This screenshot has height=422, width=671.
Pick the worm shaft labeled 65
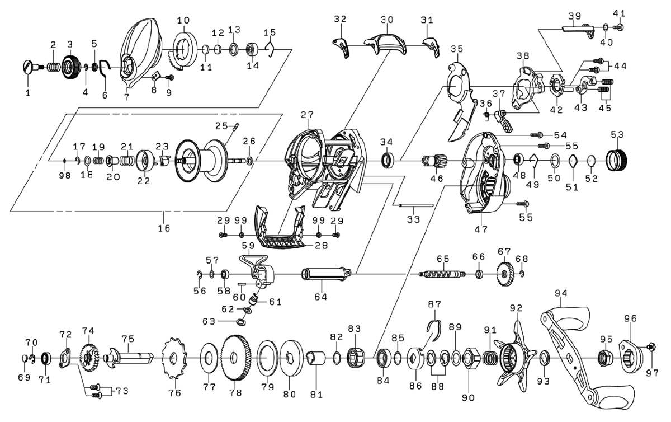(x=442, y=274)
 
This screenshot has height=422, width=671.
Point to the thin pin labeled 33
(x=417, y=204)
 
